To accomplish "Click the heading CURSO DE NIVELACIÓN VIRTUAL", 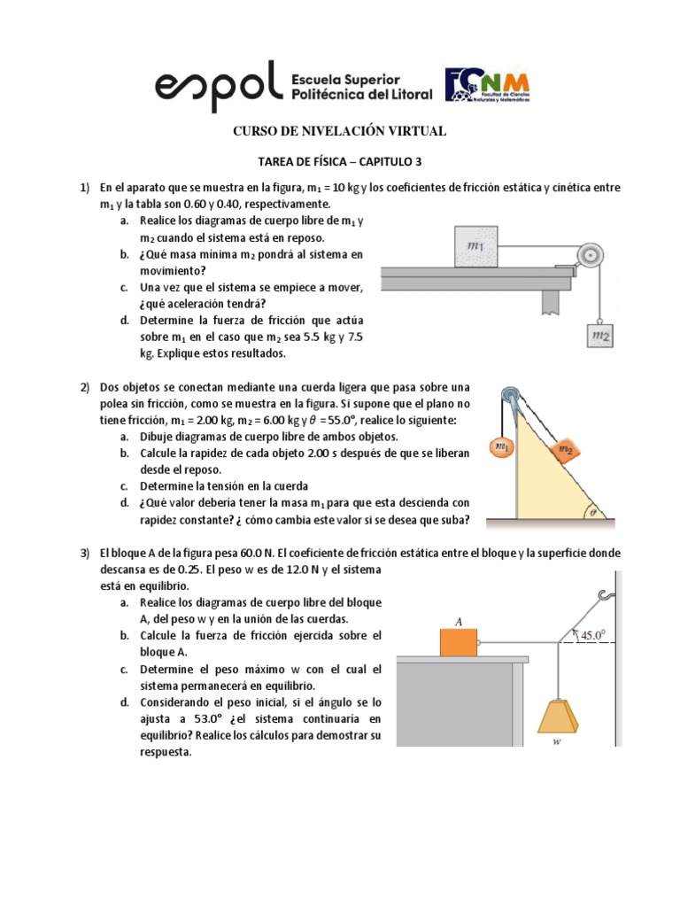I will [x=339, y=131].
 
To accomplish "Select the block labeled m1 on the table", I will [x=479, y=245].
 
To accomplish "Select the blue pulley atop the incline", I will [x=510, y=396].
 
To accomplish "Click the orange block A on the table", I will [x=458, y=642].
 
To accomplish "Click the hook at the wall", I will [x=606, y=596].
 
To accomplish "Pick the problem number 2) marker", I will [x=85, y=388].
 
